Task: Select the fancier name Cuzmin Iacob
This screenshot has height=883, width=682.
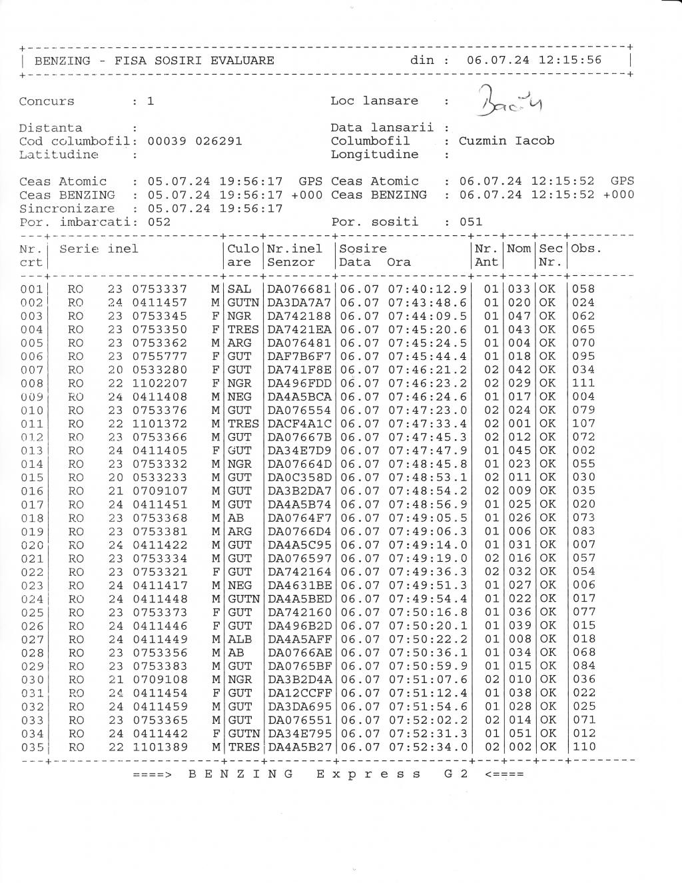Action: point(506,141)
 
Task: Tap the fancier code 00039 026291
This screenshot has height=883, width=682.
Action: point(194,141)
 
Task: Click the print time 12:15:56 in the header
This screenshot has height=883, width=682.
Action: point(569,60)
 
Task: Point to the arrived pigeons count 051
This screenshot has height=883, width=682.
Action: point(471,222)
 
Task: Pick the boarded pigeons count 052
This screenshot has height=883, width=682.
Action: point(159,222)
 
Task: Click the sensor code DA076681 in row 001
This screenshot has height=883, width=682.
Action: point(299,289)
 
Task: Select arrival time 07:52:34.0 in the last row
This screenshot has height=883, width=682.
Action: point(428,747)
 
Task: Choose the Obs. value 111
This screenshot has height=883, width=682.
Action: point(583,383)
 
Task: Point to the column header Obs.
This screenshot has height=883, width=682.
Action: point(586,249)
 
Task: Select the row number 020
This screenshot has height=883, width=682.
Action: point(32,545)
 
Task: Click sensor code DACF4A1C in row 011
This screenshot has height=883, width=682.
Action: point(299,424)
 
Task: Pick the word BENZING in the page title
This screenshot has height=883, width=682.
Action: point(63,61)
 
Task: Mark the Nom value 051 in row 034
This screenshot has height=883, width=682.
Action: point(519,733)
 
